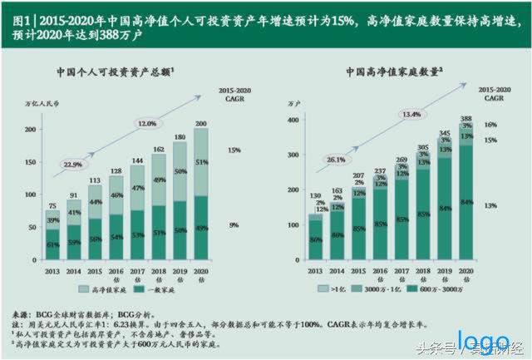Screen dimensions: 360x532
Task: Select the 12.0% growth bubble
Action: [147, 124]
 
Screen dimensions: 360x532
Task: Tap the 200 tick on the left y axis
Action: [31, 130]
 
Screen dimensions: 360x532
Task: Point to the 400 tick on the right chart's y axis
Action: [292, 120]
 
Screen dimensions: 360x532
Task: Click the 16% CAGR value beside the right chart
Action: [490, 125]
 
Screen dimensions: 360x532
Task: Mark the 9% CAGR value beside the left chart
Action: [234, 224]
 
